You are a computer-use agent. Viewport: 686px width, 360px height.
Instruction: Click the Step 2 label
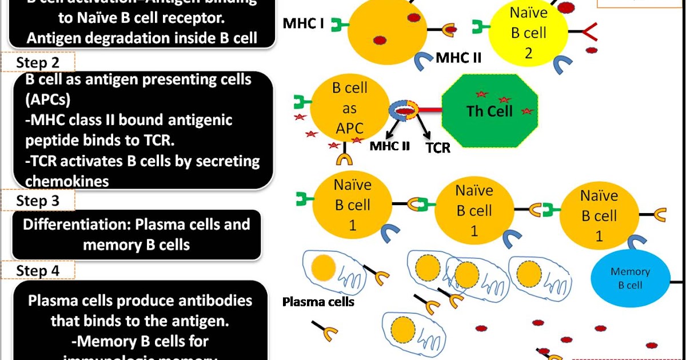(38, 62)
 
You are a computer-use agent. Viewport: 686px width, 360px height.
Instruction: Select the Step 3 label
(38, 201)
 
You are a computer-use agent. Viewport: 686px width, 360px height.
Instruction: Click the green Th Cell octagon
(490, 111)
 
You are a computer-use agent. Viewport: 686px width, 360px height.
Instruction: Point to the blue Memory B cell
(630, 278)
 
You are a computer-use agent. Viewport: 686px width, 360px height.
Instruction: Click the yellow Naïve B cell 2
(529, 33)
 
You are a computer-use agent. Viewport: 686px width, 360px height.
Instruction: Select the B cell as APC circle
(349, 109)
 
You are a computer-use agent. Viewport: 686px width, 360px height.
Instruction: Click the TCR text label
(438, 148)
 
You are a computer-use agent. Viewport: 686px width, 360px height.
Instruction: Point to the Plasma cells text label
(318, 302)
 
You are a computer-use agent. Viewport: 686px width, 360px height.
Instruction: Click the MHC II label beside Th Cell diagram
(390, 146)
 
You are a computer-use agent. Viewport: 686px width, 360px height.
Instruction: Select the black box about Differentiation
(136, 234)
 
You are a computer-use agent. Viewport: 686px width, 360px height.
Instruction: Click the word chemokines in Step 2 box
(67, 181)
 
